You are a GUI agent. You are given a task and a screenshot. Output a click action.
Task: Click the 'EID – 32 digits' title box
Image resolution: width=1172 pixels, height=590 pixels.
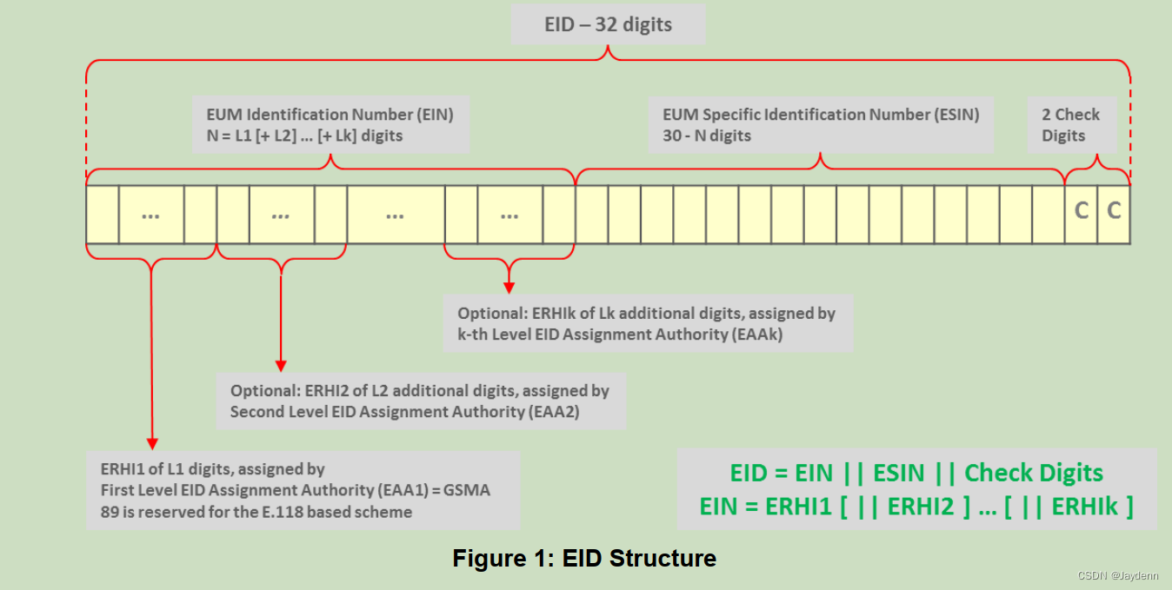(x=608, y=24)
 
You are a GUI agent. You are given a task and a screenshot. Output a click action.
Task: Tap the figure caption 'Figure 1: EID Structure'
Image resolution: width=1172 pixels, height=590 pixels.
(x=584, y=558)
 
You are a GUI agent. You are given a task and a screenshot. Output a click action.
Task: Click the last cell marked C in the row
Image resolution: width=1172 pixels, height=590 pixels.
(x=1114, y=210)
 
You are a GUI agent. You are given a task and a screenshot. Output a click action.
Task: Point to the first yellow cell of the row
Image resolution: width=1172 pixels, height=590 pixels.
(x=103, y=214)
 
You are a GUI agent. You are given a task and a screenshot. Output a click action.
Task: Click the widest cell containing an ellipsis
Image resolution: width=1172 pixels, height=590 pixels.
(x=396, y=214)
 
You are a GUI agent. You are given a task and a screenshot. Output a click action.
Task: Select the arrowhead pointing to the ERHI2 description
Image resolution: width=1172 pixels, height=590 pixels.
(x=281, y=364)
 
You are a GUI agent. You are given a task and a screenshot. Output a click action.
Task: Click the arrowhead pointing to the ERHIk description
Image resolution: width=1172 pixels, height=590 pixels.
(x=509, y=286)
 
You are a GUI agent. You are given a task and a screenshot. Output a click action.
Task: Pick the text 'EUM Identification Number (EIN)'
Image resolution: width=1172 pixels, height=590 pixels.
(x=330, y=115)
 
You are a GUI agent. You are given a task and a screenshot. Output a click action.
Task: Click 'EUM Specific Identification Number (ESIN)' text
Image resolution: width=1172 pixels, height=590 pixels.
(x=821, y=115)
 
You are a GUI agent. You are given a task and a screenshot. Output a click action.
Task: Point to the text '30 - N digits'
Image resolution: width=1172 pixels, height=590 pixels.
(x=706, y=136)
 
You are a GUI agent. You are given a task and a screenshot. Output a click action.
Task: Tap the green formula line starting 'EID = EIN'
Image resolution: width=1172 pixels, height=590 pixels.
(x=916, y=474)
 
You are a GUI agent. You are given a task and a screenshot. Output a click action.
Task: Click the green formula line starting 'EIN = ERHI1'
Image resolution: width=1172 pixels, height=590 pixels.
(x=916, y=507)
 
